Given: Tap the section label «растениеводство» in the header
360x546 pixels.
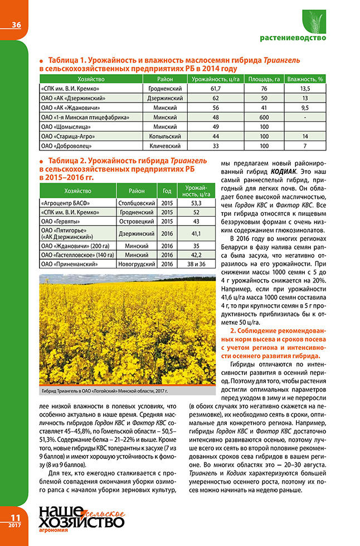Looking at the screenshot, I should coord(293,38).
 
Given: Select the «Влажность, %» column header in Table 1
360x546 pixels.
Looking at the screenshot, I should coord(304,79).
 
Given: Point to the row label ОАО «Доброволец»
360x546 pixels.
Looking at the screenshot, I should coord(64,145).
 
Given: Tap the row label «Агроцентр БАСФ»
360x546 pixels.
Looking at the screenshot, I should coord(66,204).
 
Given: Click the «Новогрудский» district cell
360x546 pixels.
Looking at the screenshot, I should coord(136,264).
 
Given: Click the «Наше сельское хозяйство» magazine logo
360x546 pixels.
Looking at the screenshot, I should coord(80,523).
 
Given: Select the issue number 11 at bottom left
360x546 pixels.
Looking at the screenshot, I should coord(16,516).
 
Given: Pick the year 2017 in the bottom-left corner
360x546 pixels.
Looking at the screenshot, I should coord(15,525).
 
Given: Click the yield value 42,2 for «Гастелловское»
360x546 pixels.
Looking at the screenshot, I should coord(196,254).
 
